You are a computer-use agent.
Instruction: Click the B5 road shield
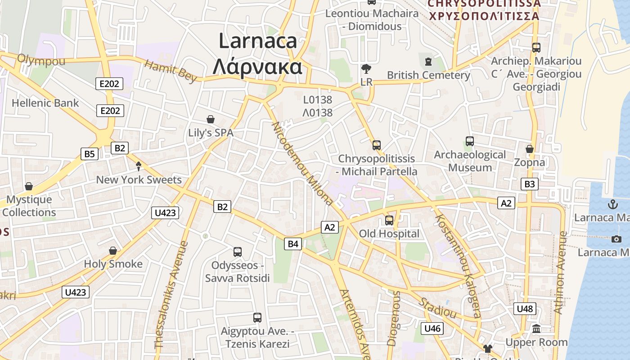point(90,154)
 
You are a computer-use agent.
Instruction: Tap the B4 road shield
point(293,244)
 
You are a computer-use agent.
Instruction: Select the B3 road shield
point(530,184)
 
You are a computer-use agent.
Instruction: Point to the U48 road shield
point(524,309)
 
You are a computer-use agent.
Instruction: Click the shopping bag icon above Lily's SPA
point(210,119)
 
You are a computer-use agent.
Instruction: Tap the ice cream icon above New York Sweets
point(139,166)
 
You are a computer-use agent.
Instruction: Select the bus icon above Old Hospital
point(389,220)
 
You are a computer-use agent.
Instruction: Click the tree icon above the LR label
point(366,69)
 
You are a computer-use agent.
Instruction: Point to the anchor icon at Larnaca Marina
point(612,205)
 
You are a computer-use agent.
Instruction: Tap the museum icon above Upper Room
point(536,329)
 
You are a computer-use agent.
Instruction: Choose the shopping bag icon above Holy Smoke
point(113,251)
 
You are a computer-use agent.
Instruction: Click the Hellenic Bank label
point(45,103)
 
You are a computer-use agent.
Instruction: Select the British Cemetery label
point(428,75)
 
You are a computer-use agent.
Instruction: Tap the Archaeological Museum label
point(470,161)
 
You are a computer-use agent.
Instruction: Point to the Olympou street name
point(41,60)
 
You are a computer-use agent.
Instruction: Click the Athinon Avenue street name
point(560,273)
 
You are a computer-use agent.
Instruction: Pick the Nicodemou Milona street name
point(302,163)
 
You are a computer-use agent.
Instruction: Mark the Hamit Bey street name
point(171,71)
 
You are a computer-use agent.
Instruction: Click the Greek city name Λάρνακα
point(257,67)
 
